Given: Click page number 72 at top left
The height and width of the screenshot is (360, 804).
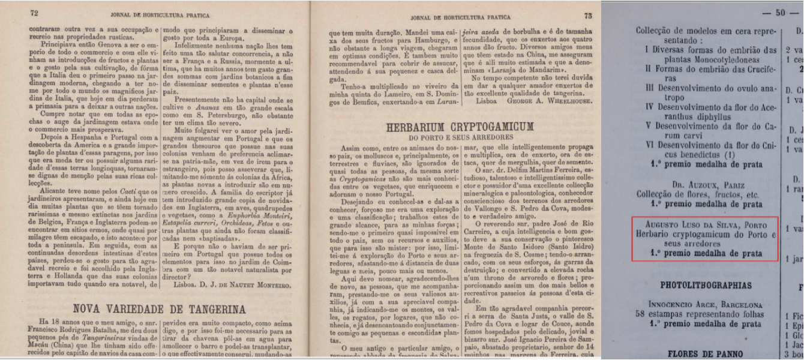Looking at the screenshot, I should pyautogui.click(x=34, y=13).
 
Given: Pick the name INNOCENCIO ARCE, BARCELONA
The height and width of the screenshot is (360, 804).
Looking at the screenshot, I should pyautogui.click(x=700, y=305).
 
